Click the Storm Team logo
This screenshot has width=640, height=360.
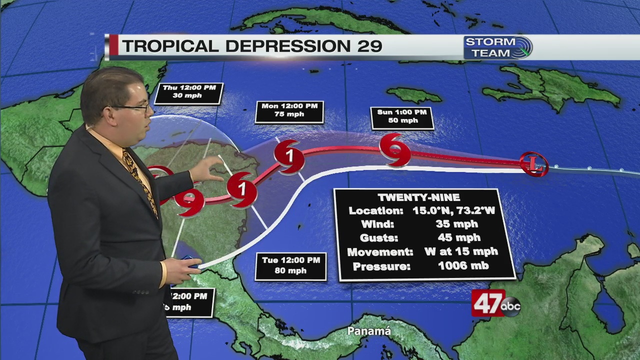(x=497, y=47)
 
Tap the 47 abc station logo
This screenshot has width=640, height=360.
(x=495, y=303)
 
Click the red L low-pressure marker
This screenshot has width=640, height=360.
(x=534, y=163)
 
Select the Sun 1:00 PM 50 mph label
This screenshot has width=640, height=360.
(x=402, y=116)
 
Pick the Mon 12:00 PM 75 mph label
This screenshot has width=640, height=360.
(x=289, y=110)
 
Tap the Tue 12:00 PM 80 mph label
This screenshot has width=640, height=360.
(x=290, y=265)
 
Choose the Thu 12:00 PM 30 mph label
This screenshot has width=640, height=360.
(x=188, y=91)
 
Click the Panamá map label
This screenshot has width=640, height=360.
(x=369, y=331)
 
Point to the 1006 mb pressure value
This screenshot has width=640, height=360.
(x=463, y=266)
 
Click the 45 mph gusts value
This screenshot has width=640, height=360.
(x=458, y=238)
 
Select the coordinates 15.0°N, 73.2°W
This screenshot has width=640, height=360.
(x=453, y=210)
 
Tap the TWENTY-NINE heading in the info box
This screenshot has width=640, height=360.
(x=419, y=197)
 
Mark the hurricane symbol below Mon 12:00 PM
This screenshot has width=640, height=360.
(x=289, y=156)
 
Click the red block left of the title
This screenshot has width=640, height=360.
(x=113, y=45)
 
